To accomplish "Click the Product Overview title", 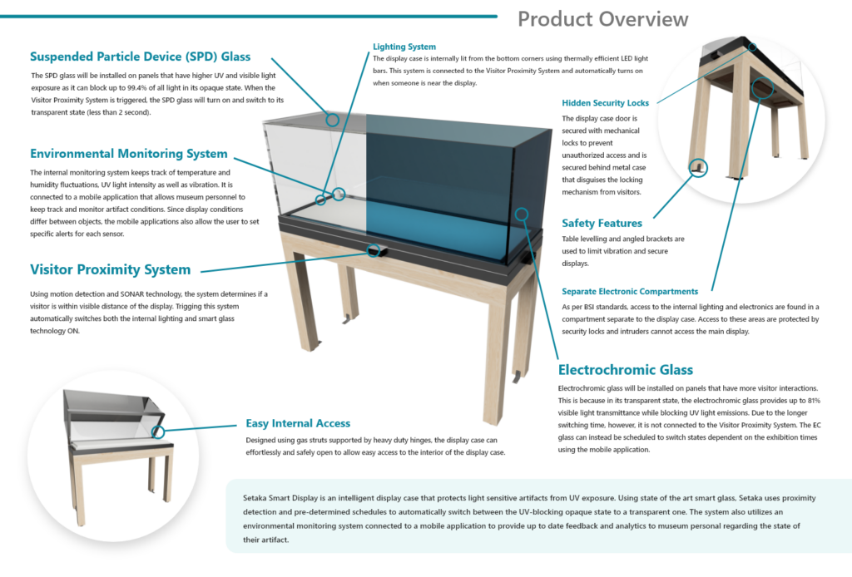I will [x=602, y=19].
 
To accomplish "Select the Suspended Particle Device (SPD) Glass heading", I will [x=140, y=57].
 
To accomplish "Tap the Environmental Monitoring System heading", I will [x=128, y=154].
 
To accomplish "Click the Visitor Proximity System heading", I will [x=110, y=269].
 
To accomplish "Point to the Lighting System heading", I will [x=404, y=47].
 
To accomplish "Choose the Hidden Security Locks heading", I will [x=606, y=103].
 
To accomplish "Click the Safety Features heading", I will [x=602, y=223].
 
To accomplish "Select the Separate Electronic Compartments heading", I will [x=630, y=292].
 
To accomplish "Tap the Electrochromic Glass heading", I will [x=626, y=370].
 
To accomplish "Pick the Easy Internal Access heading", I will [x=298, y=423].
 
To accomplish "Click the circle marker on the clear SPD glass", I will [x=332, y=119].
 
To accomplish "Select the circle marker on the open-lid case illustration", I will [x=158, y=432].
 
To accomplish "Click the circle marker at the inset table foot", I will [x=699, y=168].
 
